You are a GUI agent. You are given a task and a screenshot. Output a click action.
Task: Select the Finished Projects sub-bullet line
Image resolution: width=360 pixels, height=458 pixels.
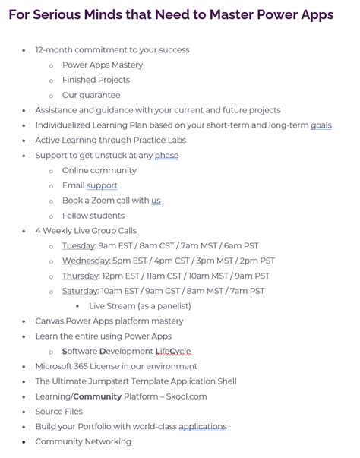[x=96, y=80]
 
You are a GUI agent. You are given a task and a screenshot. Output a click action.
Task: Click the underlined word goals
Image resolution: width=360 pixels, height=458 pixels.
[x=321, y=125]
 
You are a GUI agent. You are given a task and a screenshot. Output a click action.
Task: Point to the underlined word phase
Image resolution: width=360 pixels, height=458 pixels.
[x=166, y=156]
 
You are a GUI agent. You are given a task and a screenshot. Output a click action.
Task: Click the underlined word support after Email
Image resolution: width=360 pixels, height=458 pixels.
[x=102, y=185]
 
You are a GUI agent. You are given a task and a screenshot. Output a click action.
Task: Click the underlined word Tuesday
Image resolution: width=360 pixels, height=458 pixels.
[x=78, y=246]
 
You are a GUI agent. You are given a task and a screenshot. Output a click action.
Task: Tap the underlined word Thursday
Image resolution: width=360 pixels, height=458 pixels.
[x=81, y=276]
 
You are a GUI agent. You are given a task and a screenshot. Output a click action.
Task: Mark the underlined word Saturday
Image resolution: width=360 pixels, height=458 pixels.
[x=80, y=291]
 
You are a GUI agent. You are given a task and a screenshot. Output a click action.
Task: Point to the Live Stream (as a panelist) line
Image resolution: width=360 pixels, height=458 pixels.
[x=140, y=306]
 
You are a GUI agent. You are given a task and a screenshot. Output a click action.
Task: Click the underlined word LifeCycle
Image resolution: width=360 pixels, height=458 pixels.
[x=174, y=351]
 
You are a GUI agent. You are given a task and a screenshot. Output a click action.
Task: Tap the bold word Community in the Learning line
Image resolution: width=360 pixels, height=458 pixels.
[x=99, y=396]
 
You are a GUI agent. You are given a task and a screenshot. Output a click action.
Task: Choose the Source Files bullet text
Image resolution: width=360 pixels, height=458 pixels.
[x=60, y=412]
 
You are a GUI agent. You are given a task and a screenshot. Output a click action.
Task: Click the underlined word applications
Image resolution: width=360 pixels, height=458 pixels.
[x=203, y=427]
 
